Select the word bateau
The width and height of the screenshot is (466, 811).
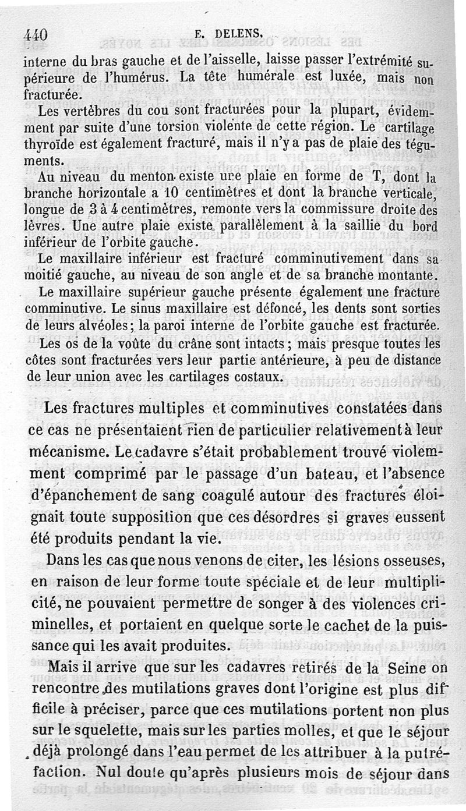329,474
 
